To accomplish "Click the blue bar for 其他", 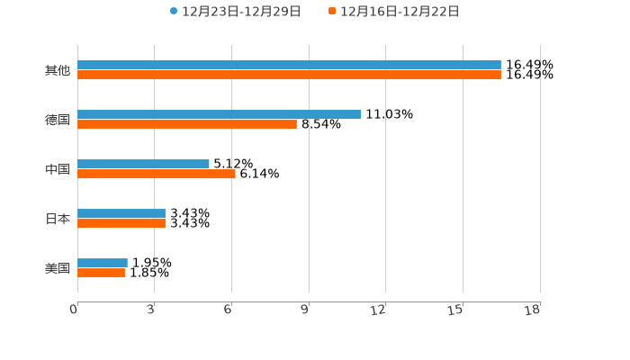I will point(289,65).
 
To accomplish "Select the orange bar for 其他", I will point(289,75).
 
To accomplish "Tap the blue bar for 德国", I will point(219,114).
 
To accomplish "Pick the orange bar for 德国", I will point(187,124).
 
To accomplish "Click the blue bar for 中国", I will point(143,164).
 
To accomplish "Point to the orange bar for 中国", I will point(157,174).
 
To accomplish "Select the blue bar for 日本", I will point(121,213).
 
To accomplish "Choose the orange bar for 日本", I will point(121,223).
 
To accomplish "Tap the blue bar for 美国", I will point(103,263).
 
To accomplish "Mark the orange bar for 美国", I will point(101,273).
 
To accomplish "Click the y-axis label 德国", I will point(58,120).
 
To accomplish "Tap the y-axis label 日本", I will point(58,219).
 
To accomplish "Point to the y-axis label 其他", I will point(58,70).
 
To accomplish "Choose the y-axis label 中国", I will point(58,169).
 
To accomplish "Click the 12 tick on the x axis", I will point(379,310).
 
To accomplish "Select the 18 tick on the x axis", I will point(533,310).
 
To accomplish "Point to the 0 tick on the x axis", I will point(74,310).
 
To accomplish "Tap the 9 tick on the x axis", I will point(304,310).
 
